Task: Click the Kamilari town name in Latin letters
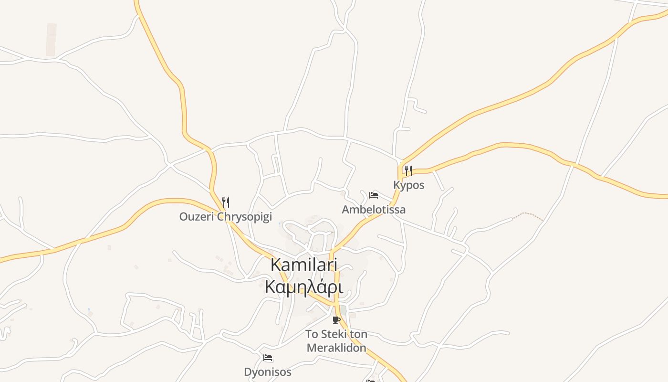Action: coord(304,265)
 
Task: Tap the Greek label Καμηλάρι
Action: coord(304,287)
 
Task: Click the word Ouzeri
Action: coord(197,217)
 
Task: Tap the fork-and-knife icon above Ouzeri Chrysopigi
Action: coord(226,202)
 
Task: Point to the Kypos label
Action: coord(408,185)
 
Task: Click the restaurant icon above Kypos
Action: coord(408,171)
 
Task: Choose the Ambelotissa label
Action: coord(374,210)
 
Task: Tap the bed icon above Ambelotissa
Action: coord(374,195)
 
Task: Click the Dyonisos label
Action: coord(268,372)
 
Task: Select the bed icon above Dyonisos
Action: coord(268,358)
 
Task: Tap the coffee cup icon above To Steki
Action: coord(336,320)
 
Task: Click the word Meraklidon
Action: coord(336,348)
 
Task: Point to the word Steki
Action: coord(333,334)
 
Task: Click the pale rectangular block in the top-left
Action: coord(51,40)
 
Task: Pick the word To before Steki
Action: coord(312,334)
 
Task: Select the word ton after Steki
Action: coord(358,334)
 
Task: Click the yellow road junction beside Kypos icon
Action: coord(401,165)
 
